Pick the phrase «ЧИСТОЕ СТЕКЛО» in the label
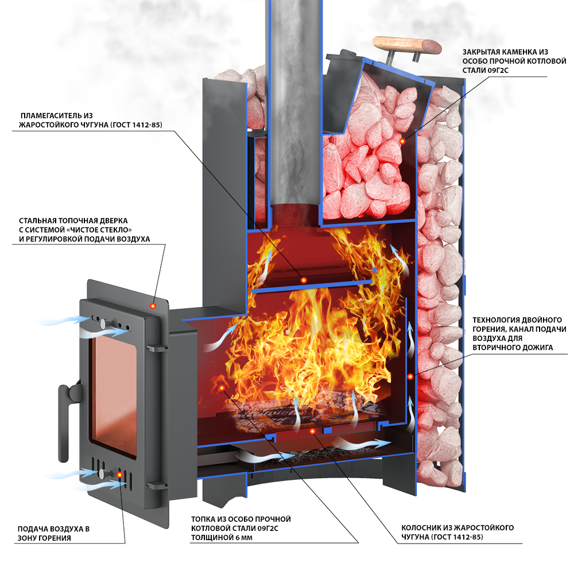tap(112, 230)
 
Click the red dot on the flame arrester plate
tap(304, 280)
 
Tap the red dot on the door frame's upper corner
tap(153, 306)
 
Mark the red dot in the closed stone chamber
tap(402, 141)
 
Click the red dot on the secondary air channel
tap(410, 376)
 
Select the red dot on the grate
tap(312, 430)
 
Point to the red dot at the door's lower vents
tap(120, 475)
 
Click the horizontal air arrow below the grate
tap(362, 444)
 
